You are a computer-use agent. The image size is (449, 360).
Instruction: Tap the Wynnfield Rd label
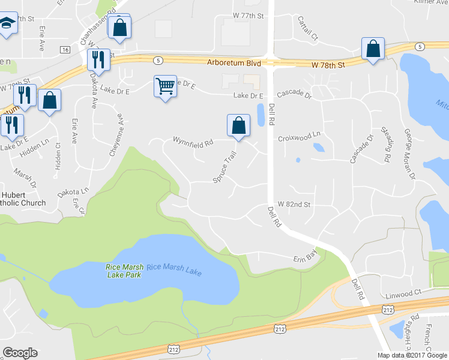(193, 143)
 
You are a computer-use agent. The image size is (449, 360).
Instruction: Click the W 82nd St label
(294, 204)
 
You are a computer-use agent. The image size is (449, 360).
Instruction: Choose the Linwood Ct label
(400, 295)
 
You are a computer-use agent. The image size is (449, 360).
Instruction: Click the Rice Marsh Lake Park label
(123, 271)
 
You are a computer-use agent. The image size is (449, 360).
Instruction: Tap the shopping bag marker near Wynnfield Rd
(238, 125)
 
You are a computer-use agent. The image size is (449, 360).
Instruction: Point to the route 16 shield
(65, 49)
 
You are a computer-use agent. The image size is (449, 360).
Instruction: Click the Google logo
(20, 353)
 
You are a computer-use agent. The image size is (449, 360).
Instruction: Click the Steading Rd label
(385, 145)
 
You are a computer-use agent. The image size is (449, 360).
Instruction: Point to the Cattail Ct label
(308, 28)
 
